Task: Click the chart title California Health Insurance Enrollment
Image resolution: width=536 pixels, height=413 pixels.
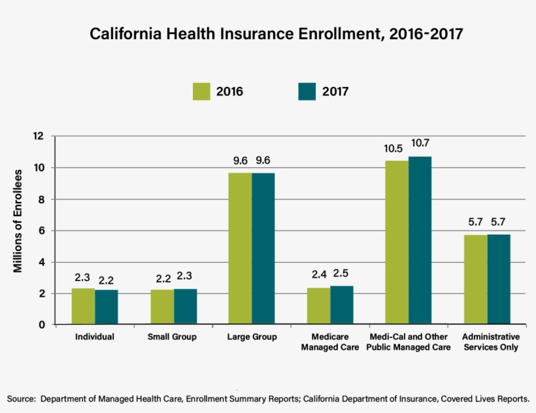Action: (x=276, y=34)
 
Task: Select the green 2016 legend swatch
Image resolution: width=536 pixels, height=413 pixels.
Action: (x=201, y=91)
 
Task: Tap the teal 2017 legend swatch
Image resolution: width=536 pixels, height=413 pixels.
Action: (x=307, y=91)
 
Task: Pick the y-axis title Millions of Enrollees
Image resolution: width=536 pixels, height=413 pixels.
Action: (x=18, y=221)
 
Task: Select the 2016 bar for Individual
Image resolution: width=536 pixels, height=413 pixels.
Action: (x=83, y=306)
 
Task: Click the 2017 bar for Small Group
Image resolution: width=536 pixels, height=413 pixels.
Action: (x=185, y=306)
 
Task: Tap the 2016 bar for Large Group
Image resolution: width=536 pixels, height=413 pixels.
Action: (x=240, y=248)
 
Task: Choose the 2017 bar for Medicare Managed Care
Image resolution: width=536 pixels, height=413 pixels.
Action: (x=341, y=305)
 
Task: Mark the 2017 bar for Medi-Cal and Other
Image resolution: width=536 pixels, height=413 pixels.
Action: (x=420, y=240)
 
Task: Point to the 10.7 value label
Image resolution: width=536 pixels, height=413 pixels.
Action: (x=420, y=143)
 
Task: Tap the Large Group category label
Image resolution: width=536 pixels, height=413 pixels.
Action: (x=252, y=337)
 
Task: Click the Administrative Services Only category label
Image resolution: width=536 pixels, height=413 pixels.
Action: (x=490, y=342)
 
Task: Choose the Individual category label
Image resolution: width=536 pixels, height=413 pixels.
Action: (x=95, y=337)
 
